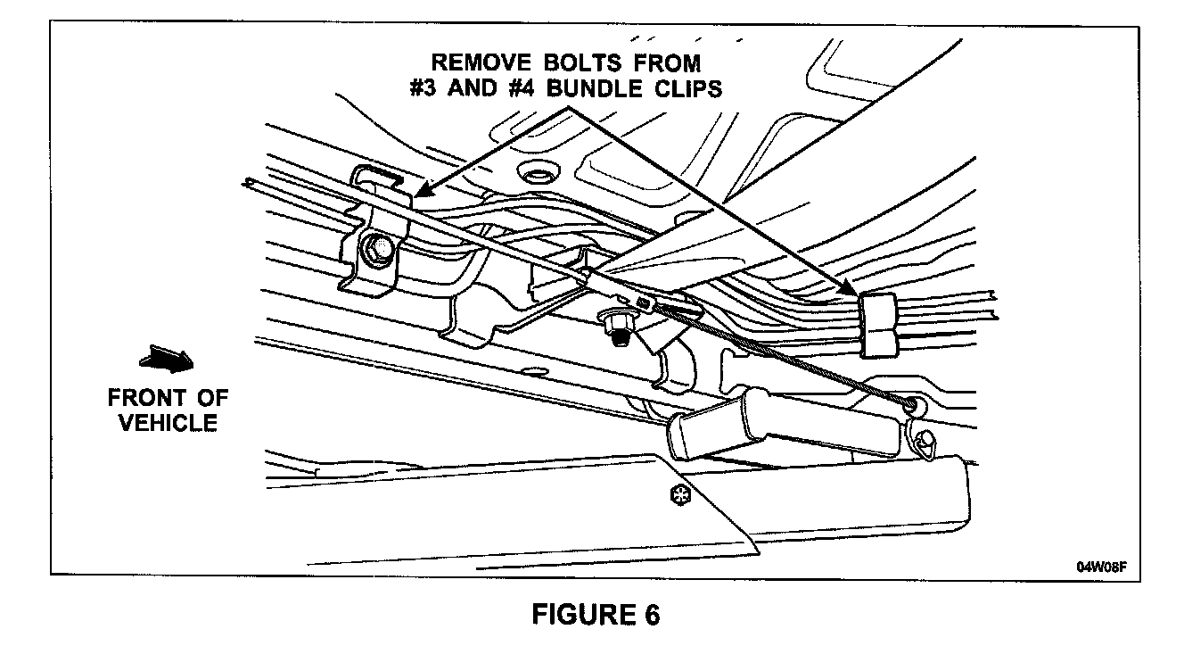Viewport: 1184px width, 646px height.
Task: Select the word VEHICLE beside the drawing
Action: [169, 422]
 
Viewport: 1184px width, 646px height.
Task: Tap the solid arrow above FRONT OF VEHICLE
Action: [166, 360]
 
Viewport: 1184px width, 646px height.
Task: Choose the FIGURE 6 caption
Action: [596, 615]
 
